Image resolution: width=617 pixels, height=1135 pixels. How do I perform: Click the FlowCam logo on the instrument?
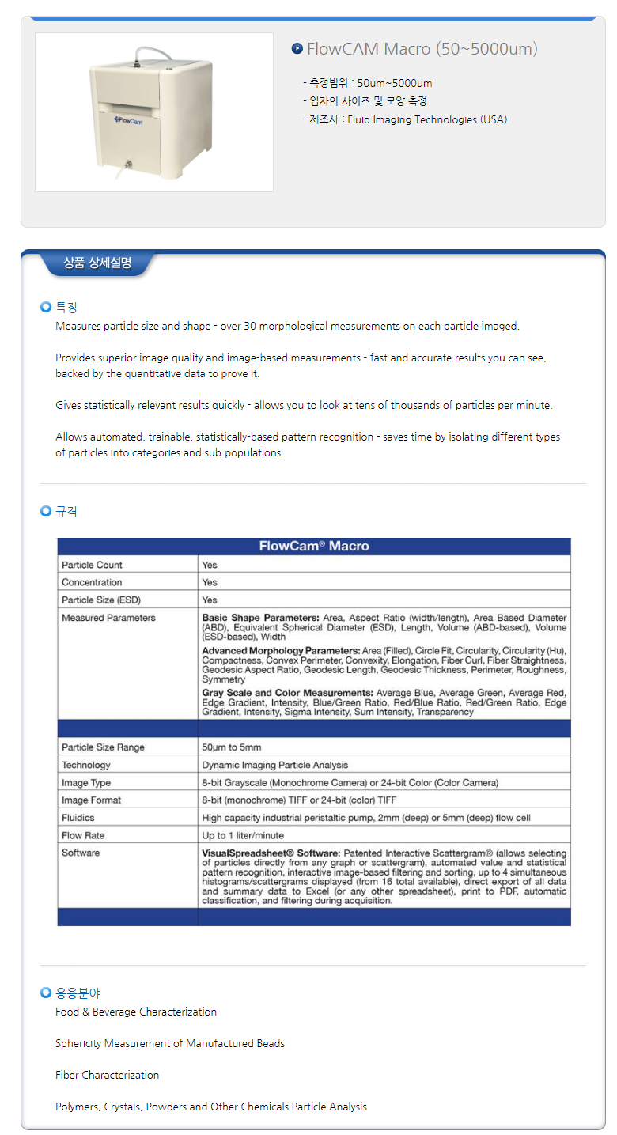pyautogui.click(x=129, y=120)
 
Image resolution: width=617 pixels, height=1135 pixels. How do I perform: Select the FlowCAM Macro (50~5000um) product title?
pyautogui.click(x=422, y=49)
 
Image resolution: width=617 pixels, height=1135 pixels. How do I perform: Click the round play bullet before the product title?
pyautogui.click(x=297, y=48)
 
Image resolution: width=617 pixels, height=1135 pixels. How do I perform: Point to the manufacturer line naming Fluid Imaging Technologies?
pyautogui.click(x=405, y=119)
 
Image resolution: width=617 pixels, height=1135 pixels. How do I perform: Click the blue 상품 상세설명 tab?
pyautogui.click(x=97, y=263)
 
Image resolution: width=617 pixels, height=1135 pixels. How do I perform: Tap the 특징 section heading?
pyautogui.click(x=66, y=307)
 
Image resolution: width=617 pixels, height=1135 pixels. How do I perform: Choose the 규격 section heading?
pyautogui.click(x=66, y=512)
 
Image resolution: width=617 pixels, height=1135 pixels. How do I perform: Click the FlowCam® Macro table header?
pyautogui.click(x=314, y=546)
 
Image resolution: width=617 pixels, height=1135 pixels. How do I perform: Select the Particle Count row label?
pyautogui.click(x=93, y=565)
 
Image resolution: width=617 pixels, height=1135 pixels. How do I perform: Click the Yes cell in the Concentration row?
pyautogui.click(x=210, y=582)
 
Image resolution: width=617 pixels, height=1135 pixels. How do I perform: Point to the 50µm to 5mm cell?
pyautogui.click(x=232, y=747)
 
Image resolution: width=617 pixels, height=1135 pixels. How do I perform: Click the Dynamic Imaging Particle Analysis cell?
pyautogui.click(x=274, y=765)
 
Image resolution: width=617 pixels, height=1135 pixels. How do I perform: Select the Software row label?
pyautogui.click(x=81, y=853)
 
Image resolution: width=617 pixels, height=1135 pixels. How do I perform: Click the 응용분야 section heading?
pyautogui.click(x=78, y=993)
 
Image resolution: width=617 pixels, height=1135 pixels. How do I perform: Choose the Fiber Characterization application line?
pyautogui.click(x=107, y=1075)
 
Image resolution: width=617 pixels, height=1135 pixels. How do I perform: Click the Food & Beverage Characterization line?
pyautogui.click(x=135, y=1012)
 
